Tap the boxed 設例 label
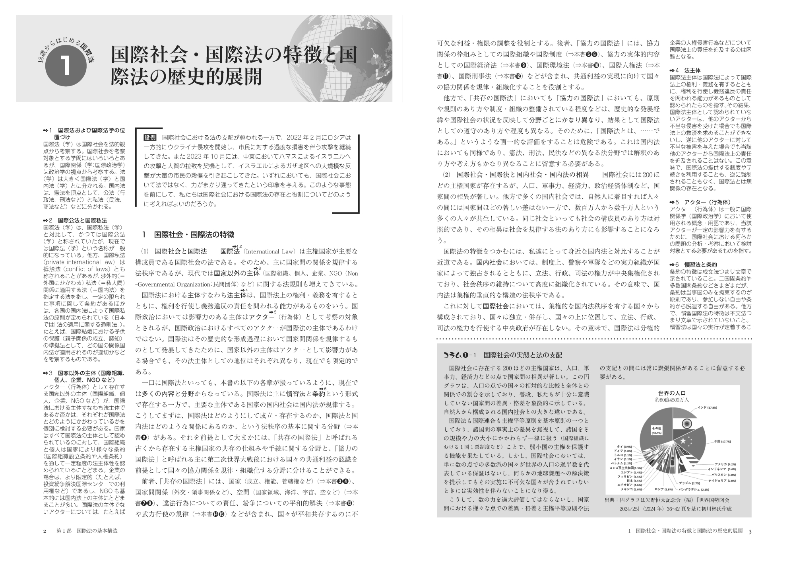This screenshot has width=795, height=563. pyautogui.click(x=151, y=138)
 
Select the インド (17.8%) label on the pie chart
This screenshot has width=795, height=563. pyautogui.click(x=707, y=408)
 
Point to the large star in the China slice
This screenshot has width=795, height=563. pyautogui.click(x=682, y=441)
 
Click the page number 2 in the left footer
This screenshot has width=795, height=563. pyautogui.click(x=45, y=531)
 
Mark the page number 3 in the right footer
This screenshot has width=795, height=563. pyautogui.click(x=750, y=531)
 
